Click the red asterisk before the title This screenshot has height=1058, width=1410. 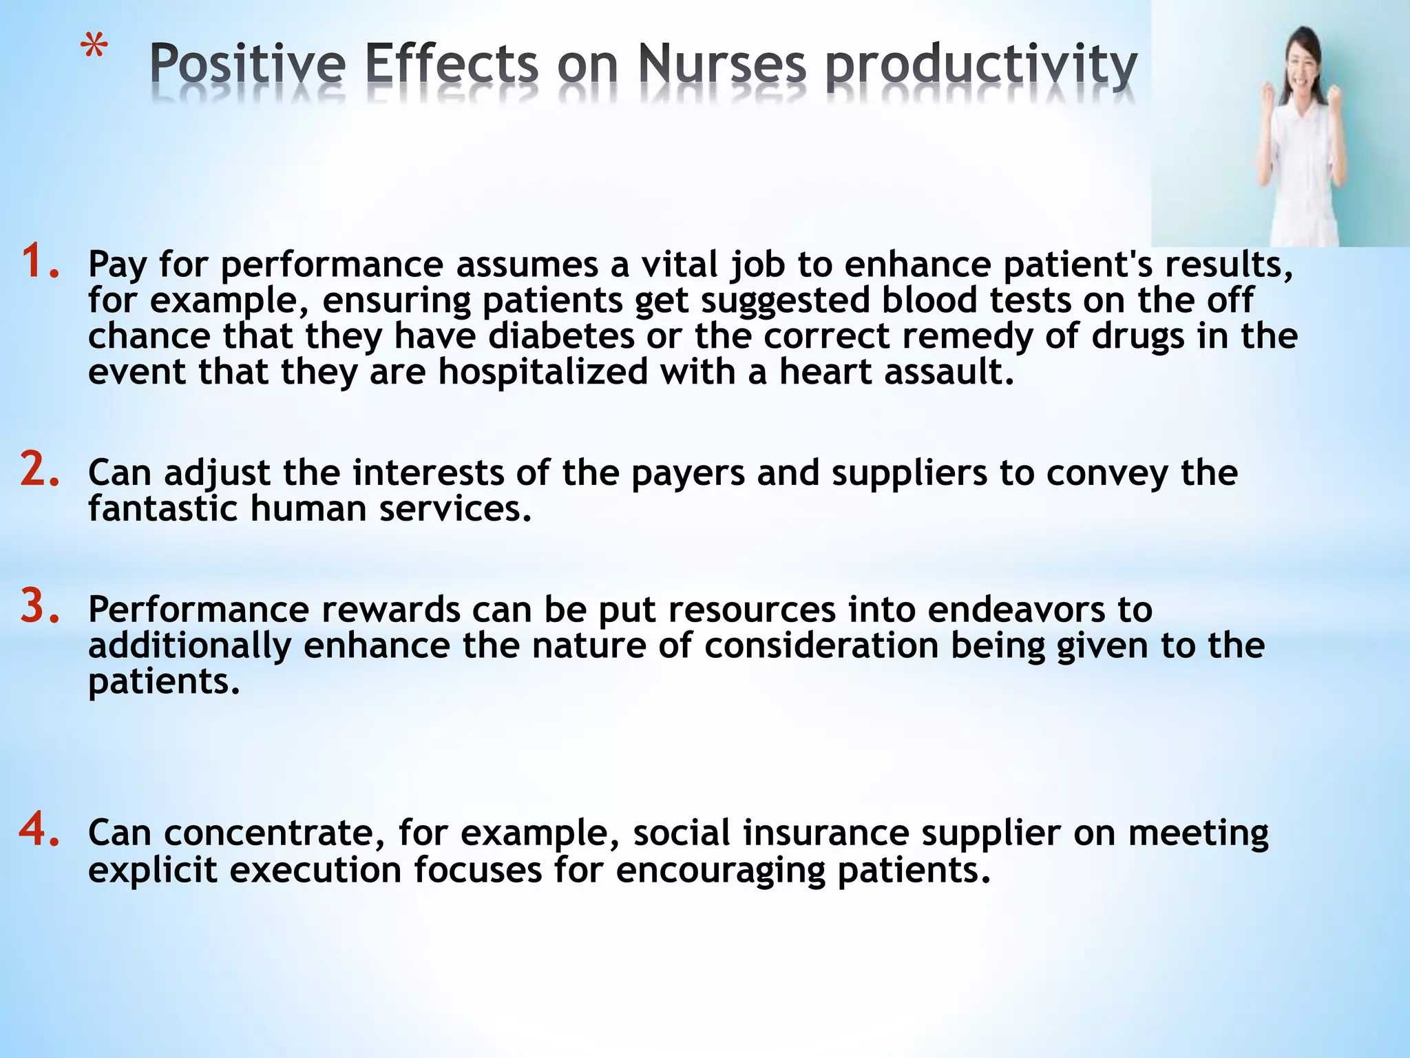[x=94, y=50]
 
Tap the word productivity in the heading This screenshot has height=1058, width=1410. [x=981, y=66]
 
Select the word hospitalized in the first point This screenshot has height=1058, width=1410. [x=543, y=372]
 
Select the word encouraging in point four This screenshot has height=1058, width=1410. [x=720, y=871]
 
